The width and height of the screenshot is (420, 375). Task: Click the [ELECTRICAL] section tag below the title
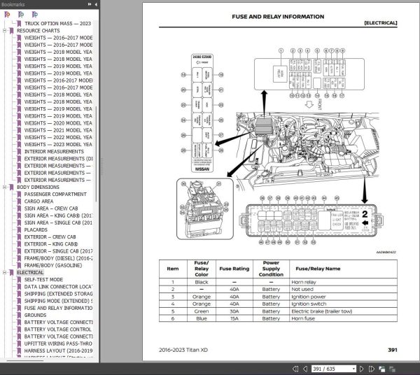click(x=380, y=23)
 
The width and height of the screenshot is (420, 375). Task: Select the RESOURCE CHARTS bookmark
click(x=43, y=31)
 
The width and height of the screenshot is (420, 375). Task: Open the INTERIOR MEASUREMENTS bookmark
click(x=54, y=151)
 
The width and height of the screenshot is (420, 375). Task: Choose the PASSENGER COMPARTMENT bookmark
click(x=55, y=194)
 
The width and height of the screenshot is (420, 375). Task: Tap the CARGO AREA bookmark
click(x=38, y=201)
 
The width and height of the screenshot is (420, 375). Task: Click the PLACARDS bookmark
click(x=36, y=228)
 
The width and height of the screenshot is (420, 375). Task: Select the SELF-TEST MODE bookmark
click(x=44, y=278)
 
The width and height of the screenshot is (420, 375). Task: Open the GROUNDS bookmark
click(x=36, y=315)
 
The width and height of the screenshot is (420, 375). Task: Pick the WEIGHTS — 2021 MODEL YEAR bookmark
click(x=58, y=129)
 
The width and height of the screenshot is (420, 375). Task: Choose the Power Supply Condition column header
click(x=271, y=268)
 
